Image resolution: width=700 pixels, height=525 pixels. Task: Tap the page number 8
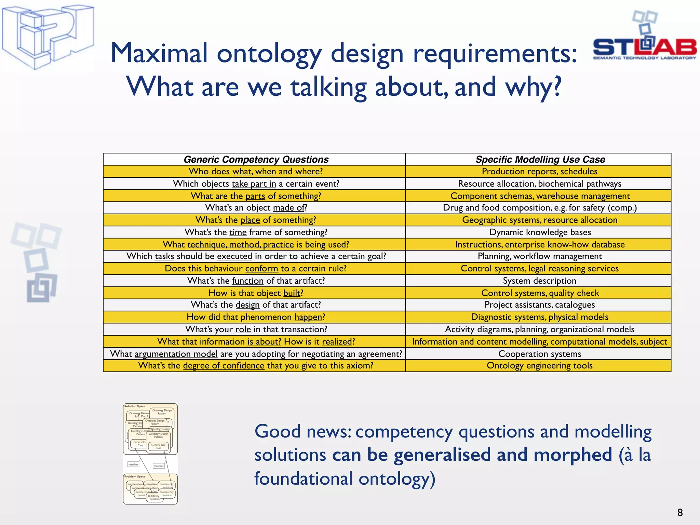pos(679,512)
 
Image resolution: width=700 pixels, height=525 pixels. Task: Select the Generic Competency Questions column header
pos(256,159)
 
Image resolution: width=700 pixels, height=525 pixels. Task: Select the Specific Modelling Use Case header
pos(540,159)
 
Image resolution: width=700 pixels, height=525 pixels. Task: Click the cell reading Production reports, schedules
pos(539,171)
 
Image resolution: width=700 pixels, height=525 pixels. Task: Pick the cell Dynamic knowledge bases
pos(540,232)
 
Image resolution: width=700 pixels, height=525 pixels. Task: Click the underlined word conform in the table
pos(261,269)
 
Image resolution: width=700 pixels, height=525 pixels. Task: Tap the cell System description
pos(539,281)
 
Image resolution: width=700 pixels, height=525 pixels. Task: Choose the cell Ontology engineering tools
pos(539,365)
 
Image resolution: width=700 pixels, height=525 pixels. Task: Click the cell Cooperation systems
pos(539,354)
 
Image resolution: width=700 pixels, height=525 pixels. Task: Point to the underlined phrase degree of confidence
pos(224,366)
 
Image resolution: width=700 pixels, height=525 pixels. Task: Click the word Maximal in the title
pos(159,53)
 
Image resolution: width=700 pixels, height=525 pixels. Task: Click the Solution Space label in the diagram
pos(135,406)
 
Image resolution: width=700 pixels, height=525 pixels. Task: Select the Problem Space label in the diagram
pos(135,476)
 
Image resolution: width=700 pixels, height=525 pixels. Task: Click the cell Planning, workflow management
pos(539,256)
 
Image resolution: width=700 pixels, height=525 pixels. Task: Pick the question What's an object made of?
pos(256,208)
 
